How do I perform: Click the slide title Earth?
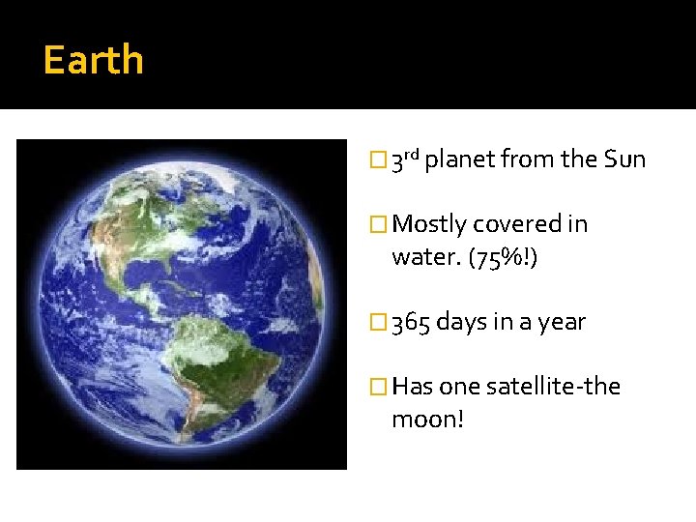94,60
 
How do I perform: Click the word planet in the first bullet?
459,159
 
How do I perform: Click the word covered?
517,224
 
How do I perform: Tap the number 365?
411,322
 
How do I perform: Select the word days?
460,322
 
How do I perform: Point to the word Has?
413,387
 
